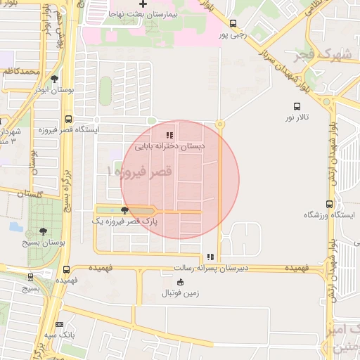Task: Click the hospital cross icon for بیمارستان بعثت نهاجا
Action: pos(143,5)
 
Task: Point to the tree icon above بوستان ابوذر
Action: pos(55,79)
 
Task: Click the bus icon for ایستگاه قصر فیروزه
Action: pos(68,120)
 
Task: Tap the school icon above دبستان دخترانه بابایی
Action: pos(169,134)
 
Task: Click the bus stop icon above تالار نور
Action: pos(297,107)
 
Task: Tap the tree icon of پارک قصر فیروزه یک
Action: pos(125,210)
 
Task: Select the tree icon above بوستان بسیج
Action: pos(44,231)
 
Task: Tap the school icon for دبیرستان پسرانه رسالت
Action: pos(210,257)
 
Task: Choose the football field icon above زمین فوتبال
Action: pos(181,283)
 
